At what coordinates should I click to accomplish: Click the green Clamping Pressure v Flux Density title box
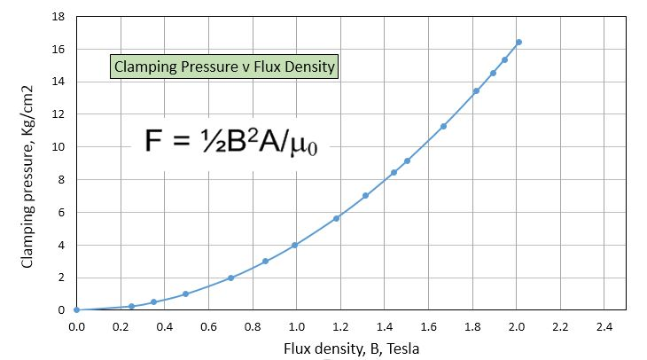[224, 67]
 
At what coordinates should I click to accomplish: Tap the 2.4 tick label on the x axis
[604, 326]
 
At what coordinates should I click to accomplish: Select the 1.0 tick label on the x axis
[297, 326]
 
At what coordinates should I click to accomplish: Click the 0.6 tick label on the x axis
[208, 326]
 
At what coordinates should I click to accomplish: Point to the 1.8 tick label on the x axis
[472, 326]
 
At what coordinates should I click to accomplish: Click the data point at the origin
[76, 309]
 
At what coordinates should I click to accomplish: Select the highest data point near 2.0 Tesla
[518, 42]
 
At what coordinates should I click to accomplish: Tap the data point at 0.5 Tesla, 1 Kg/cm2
[185, 293]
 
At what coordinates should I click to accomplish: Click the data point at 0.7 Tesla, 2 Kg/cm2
[230, 278]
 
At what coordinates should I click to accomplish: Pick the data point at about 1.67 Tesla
[443, 126]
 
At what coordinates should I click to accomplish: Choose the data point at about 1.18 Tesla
[336, 218]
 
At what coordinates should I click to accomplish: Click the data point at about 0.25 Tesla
[131, 306]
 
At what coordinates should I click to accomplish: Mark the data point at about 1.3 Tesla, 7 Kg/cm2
[365, 196]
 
